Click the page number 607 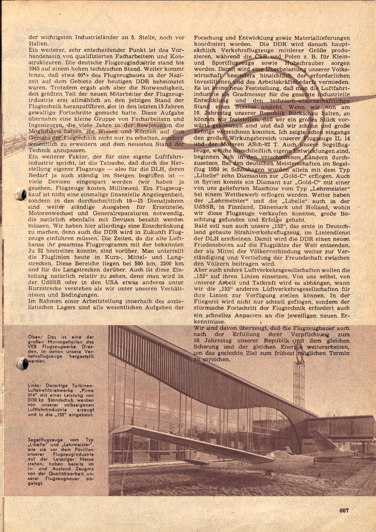[343, 510]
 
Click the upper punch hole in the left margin [20, 195]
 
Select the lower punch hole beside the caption [21, 364]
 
